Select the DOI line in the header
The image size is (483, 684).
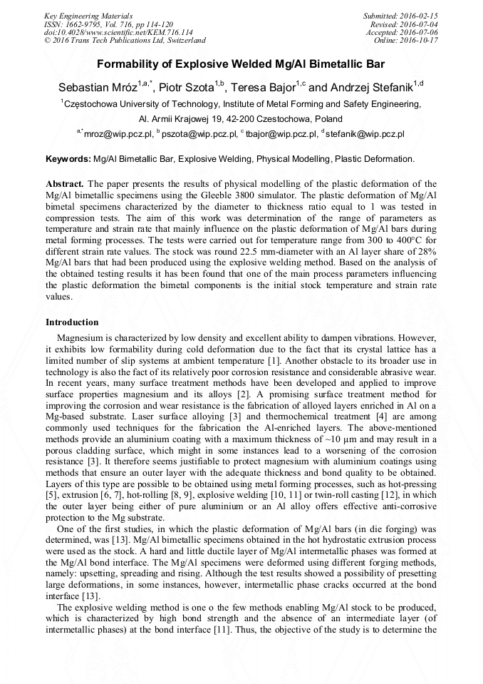118,32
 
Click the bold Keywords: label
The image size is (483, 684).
68,158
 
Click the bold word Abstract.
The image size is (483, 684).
65,184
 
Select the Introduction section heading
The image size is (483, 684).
72,322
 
